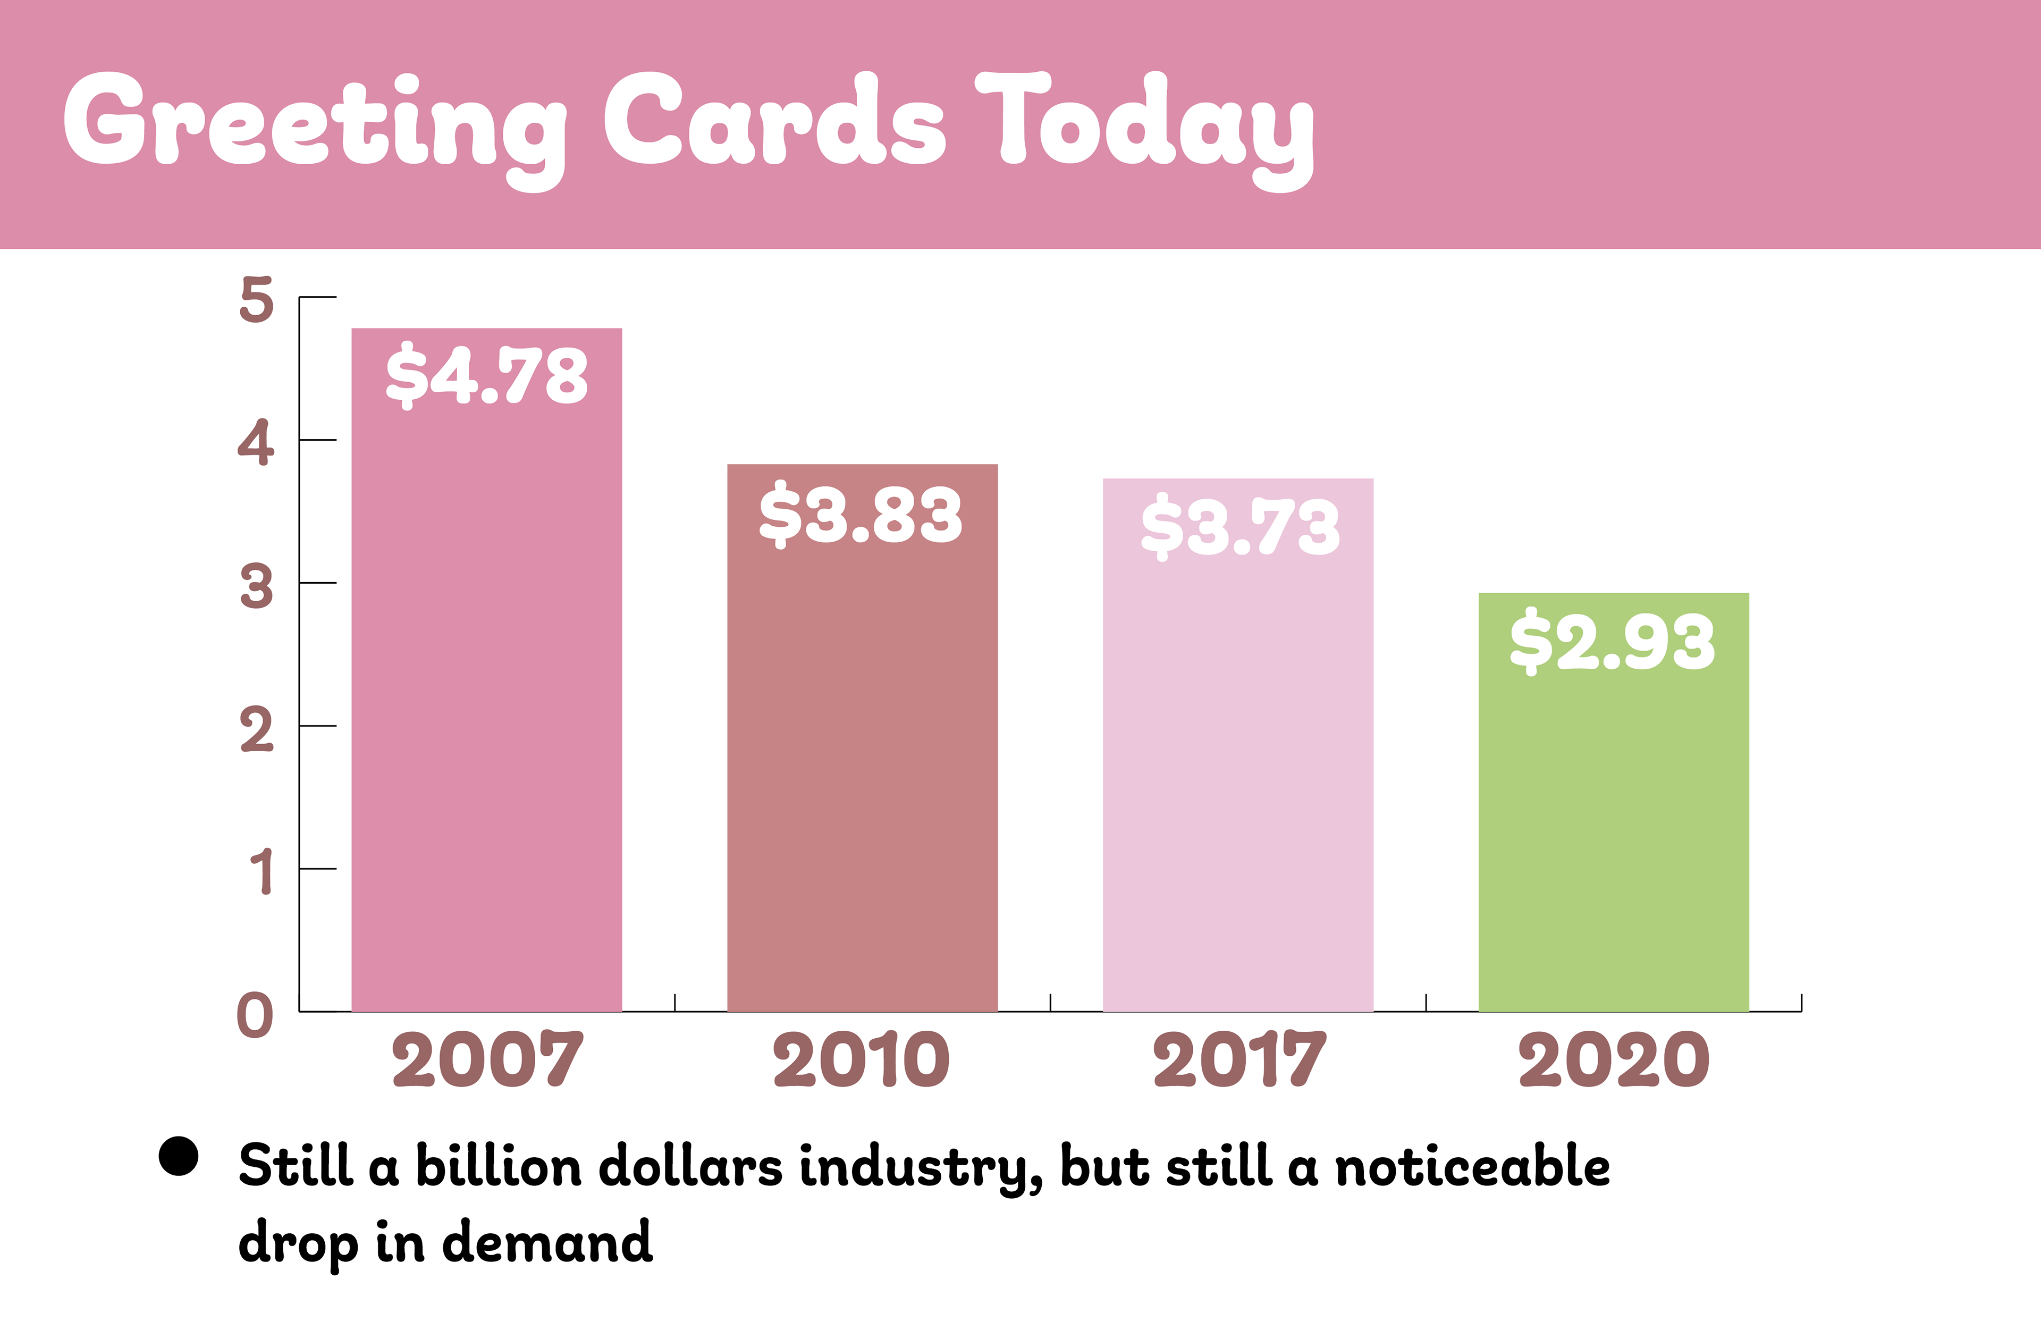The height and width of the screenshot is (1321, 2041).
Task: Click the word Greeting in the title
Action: point(313,124)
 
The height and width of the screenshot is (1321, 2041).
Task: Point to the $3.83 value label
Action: point(861,515)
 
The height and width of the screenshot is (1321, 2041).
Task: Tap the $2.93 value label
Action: point(1612,643)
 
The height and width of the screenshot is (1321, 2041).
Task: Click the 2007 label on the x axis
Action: point(487,1059)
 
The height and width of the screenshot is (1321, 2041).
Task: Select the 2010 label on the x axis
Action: point(861,1059)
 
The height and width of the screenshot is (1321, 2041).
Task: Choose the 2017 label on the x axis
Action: point(1239,1059)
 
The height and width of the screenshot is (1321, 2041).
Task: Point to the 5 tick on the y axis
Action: point(256,300)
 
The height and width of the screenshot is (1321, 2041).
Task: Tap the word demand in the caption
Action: point(547,1242)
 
